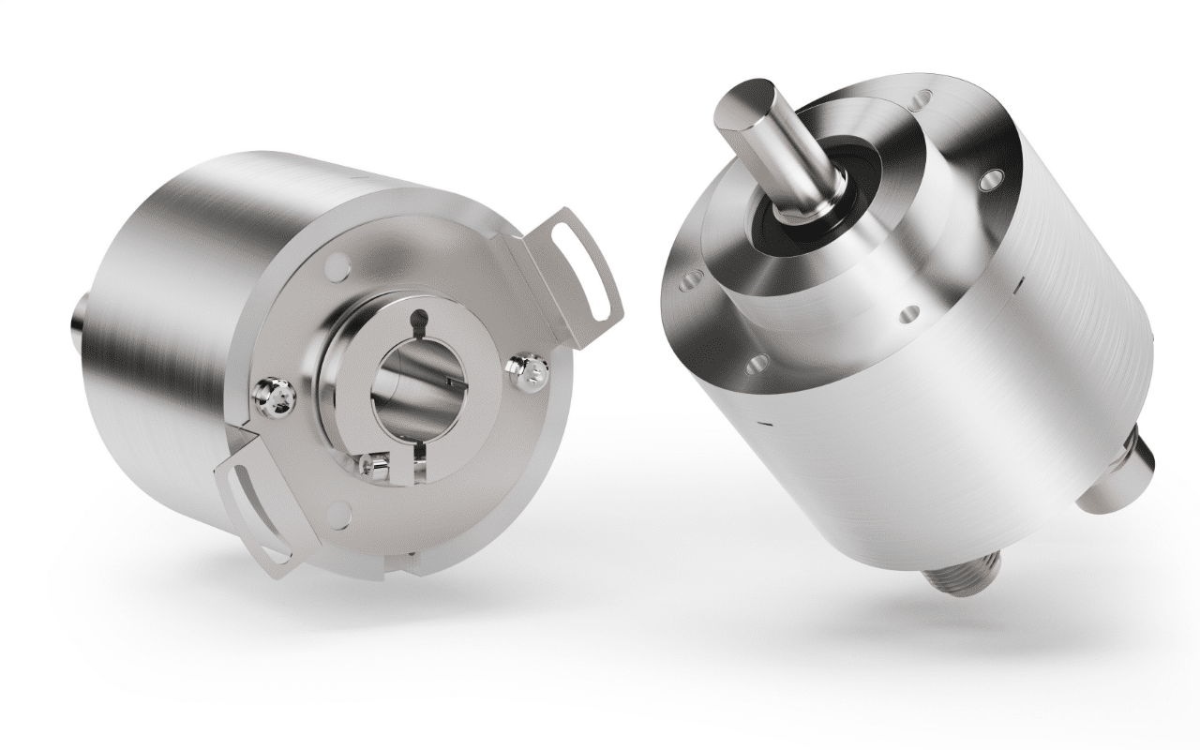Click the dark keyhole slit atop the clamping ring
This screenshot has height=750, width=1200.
point(421,321)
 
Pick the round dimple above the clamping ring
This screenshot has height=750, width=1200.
point(337,269)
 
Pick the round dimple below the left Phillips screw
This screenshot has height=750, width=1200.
point(340,511)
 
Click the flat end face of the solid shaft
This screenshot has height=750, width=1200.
point(746,102)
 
